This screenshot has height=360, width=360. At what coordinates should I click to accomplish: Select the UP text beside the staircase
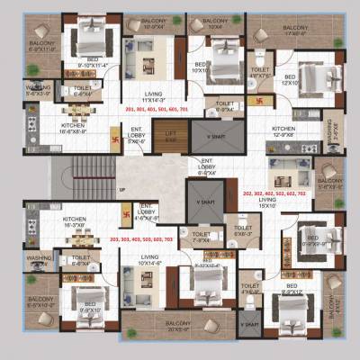[x=121, y=190]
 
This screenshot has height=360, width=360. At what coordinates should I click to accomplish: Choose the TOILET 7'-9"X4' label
[x=202, y=238]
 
